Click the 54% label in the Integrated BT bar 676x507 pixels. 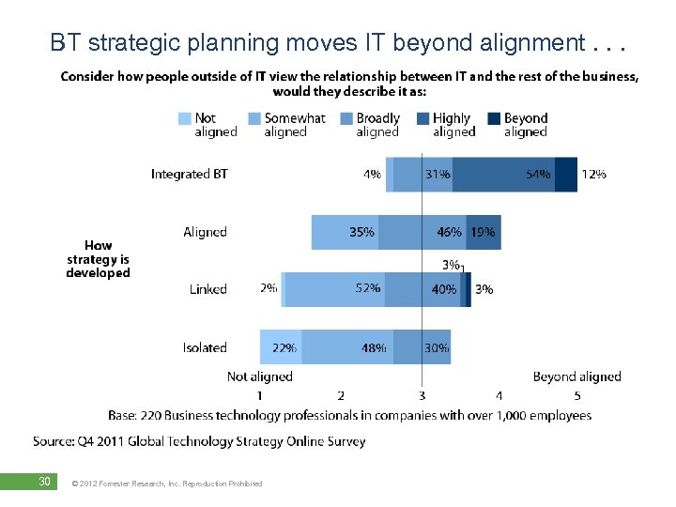click(x=538, y=174)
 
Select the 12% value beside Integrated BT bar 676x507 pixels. click(x=593, y=174)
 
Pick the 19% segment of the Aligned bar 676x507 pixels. click(x=484, y=232)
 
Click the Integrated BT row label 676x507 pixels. click(x=189, y=174)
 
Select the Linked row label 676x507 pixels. click(x=207, y=289)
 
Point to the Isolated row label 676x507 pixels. click(x=205, y=347)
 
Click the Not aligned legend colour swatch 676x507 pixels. click(x=184, y=118)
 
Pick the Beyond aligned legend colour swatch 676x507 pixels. click(x=494, y=118)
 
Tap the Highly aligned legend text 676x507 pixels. click(x=453, y=125)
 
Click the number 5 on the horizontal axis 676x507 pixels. click(x=577, y=396)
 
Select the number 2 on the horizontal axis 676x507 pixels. click(x=341, y=396)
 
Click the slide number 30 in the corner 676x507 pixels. click(x=43, y=482)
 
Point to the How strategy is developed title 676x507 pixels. click(x=98, y=259)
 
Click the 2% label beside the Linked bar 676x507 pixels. click(x=269, y=289)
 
